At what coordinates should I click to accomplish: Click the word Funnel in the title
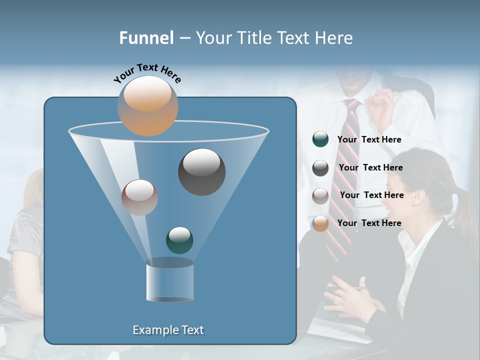[146, 38]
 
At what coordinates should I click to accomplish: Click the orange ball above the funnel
[148, 106]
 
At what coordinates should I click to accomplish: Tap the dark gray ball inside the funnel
[201, 172]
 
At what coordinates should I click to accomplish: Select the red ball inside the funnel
[139, 197]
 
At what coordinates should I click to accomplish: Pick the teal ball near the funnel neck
[179, 240]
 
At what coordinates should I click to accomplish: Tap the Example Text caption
[168, 330]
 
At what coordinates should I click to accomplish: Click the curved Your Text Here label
[147, 72]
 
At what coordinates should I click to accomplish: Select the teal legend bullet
[320, 139]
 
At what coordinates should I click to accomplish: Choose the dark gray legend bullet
[320, 168]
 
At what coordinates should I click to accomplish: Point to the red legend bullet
[320, 195]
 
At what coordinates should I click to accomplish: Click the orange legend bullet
[320, 223]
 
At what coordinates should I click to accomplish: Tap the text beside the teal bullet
[369, 139]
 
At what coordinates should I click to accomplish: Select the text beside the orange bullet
[369, 223]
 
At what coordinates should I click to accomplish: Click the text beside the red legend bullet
[371, 195]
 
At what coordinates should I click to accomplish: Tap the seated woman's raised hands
[350, 300]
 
